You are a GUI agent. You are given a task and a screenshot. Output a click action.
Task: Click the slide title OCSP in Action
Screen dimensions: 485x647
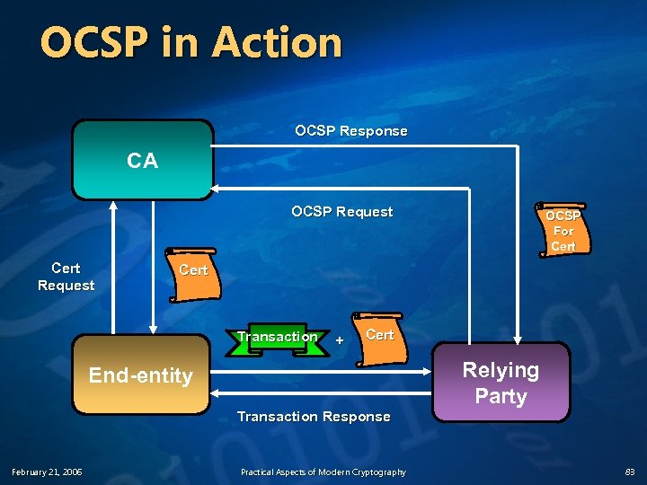tap(191, 43)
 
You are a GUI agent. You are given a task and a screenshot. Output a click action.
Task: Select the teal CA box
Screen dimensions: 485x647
tap(142, 160)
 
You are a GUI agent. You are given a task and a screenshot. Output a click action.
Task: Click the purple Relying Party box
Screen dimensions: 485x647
tap(501, 383)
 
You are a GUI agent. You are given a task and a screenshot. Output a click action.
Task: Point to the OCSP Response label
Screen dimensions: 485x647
tap(350, 131)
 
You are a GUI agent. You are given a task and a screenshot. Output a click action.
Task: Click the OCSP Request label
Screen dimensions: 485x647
tap(341, 212)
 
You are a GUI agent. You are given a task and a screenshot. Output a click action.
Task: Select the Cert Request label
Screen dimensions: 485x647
tap(66, 277)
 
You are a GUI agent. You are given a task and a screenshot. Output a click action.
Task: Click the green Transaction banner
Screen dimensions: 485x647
tap(277, 338)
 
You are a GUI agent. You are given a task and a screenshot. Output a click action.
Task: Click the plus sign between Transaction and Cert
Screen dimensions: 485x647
tap(339, 340)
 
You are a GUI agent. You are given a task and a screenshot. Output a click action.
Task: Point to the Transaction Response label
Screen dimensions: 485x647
tap(313, 417)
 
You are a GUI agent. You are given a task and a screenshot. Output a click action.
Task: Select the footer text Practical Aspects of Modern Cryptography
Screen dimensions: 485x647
tap(323, 472)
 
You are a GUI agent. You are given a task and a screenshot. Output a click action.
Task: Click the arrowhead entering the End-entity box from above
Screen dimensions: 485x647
tap(154, 329)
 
